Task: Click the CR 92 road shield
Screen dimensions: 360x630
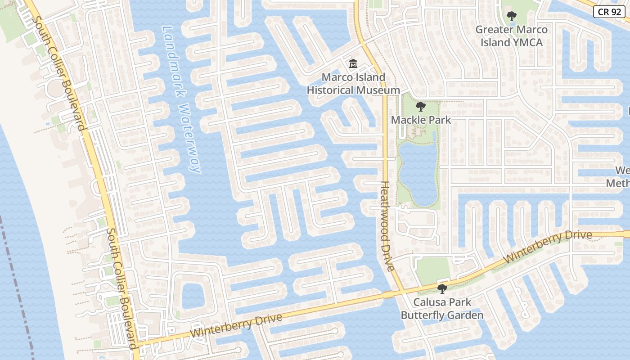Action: point(609,12)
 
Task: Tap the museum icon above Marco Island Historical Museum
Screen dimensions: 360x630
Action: point(353,64)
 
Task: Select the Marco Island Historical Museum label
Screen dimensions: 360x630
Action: point(353,84)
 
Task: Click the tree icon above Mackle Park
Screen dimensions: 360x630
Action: point(420,107)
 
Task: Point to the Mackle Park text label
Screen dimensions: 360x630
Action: point(421,120)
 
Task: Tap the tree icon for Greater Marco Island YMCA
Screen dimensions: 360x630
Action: point(511,17)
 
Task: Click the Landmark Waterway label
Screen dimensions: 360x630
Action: point(181,99)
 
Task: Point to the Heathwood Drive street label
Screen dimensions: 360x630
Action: point(387,226)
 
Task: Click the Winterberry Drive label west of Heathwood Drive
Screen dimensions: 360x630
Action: point(236,326)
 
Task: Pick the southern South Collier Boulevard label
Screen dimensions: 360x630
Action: point(121,288)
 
